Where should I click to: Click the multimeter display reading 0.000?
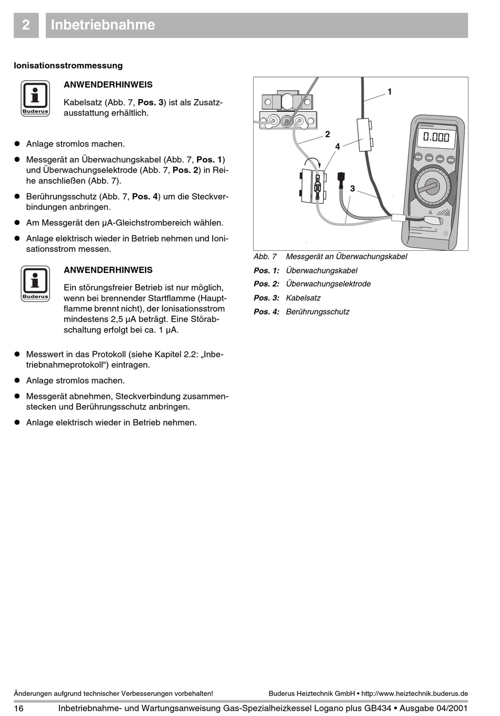click(x=436, y=138)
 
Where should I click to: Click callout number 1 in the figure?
click(x=389, y=92)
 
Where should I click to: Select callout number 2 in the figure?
click(x=327, y=134)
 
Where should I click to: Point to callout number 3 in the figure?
click(x=352, y=188)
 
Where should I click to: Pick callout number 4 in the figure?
click(x=337, y=146)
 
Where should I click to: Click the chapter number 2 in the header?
click(x=26, y=25)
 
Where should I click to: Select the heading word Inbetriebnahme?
click(x=103, y=25)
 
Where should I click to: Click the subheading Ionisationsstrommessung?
click(x=68, y=65)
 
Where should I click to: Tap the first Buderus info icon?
click(x=35, y=98)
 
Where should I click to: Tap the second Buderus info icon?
click(x=35, y=283)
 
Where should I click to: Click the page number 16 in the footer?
click(x=18, y=708)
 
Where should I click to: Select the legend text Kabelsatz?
click(x=303, y=298)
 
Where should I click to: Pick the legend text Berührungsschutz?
click(x=317, y=311)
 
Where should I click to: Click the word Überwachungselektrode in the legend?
click(x=328, y=283)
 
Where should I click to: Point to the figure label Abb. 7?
click(x=265, y=257)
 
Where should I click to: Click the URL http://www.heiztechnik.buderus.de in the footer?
click(x=415, y=693)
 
